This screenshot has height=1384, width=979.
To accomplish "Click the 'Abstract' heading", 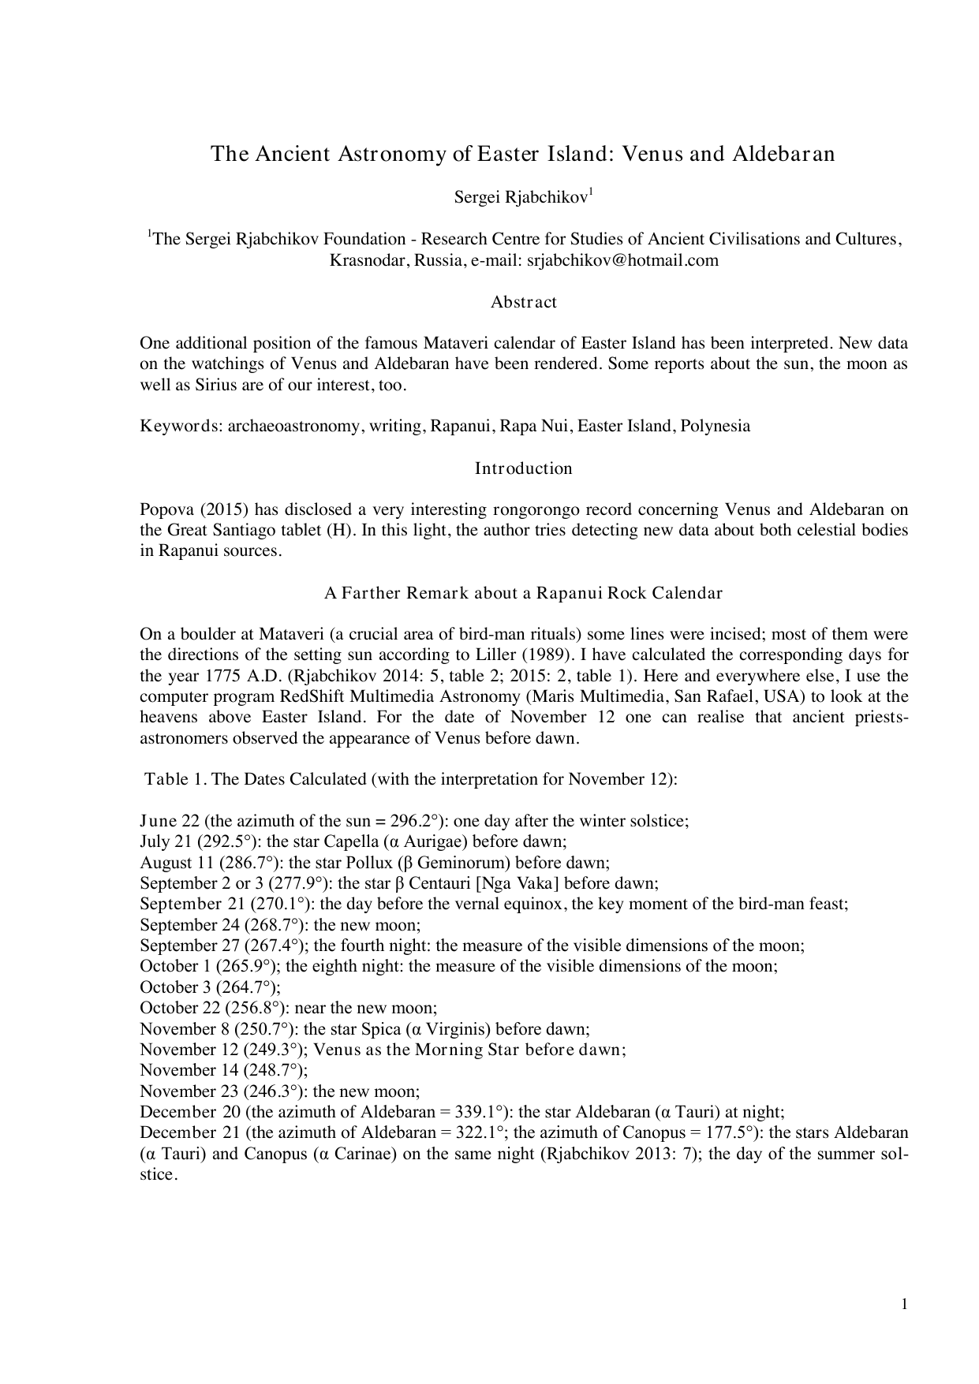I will pos(523,302).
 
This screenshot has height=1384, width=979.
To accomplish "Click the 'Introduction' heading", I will pos(523,468).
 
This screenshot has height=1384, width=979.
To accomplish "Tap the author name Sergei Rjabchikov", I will pos(521,197).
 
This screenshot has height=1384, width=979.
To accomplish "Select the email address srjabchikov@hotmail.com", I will pos(622,260).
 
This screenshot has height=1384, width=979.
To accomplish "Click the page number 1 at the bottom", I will pos(904,1304).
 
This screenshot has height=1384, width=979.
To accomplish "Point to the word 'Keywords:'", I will pos(182,427).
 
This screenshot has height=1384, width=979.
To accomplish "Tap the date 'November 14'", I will pos(189,1070).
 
